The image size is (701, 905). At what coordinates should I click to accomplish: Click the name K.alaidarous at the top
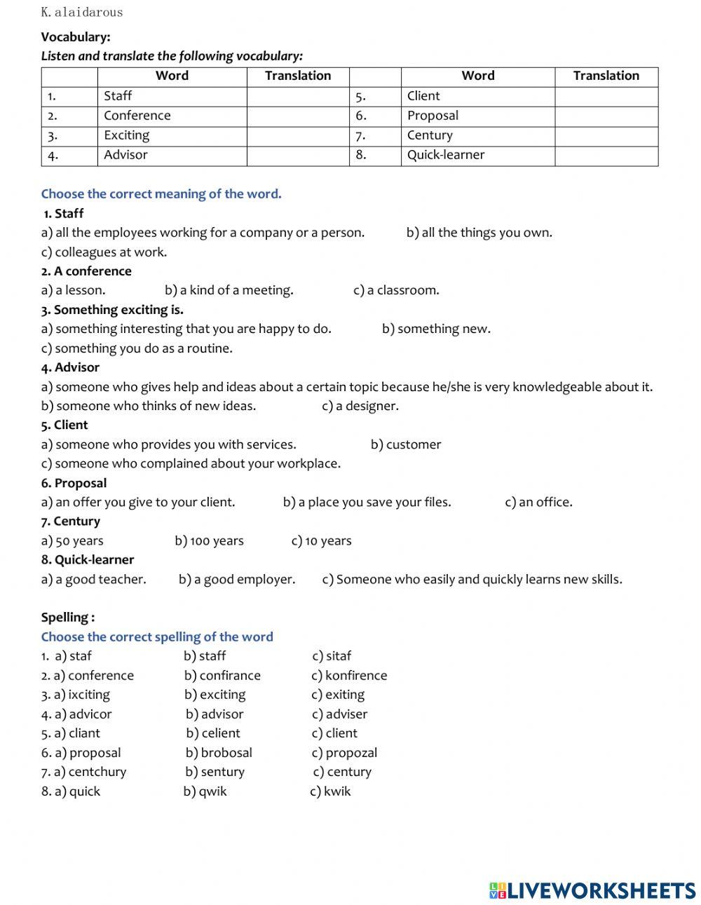point(81,12)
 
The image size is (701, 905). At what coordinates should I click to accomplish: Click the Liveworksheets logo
point(592,890)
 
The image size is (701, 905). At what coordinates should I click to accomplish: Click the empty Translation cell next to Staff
point(297,96)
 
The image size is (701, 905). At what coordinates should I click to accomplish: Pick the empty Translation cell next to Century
point(606,135)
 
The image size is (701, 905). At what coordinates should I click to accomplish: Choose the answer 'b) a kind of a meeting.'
point(229,290)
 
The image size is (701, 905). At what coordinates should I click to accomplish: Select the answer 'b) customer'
point(406,444)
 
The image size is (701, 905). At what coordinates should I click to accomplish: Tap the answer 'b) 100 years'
point(209,540)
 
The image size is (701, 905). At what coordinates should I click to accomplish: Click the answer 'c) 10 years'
point(321,540)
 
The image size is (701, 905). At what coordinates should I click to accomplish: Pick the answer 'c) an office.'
point(538,502)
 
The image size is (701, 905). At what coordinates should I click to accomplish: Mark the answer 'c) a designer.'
point(360,406)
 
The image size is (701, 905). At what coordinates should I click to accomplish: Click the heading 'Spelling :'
point(67,618)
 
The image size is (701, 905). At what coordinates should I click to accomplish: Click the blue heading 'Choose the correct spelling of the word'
point(157,637)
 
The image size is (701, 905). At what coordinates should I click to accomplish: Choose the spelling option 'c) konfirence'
point(349,676)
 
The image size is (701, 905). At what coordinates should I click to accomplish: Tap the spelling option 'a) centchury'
point(83,772)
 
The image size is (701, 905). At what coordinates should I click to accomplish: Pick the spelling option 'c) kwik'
point(330,791)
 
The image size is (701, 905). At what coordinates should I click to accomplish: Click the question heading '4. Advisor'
point(70,367)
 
